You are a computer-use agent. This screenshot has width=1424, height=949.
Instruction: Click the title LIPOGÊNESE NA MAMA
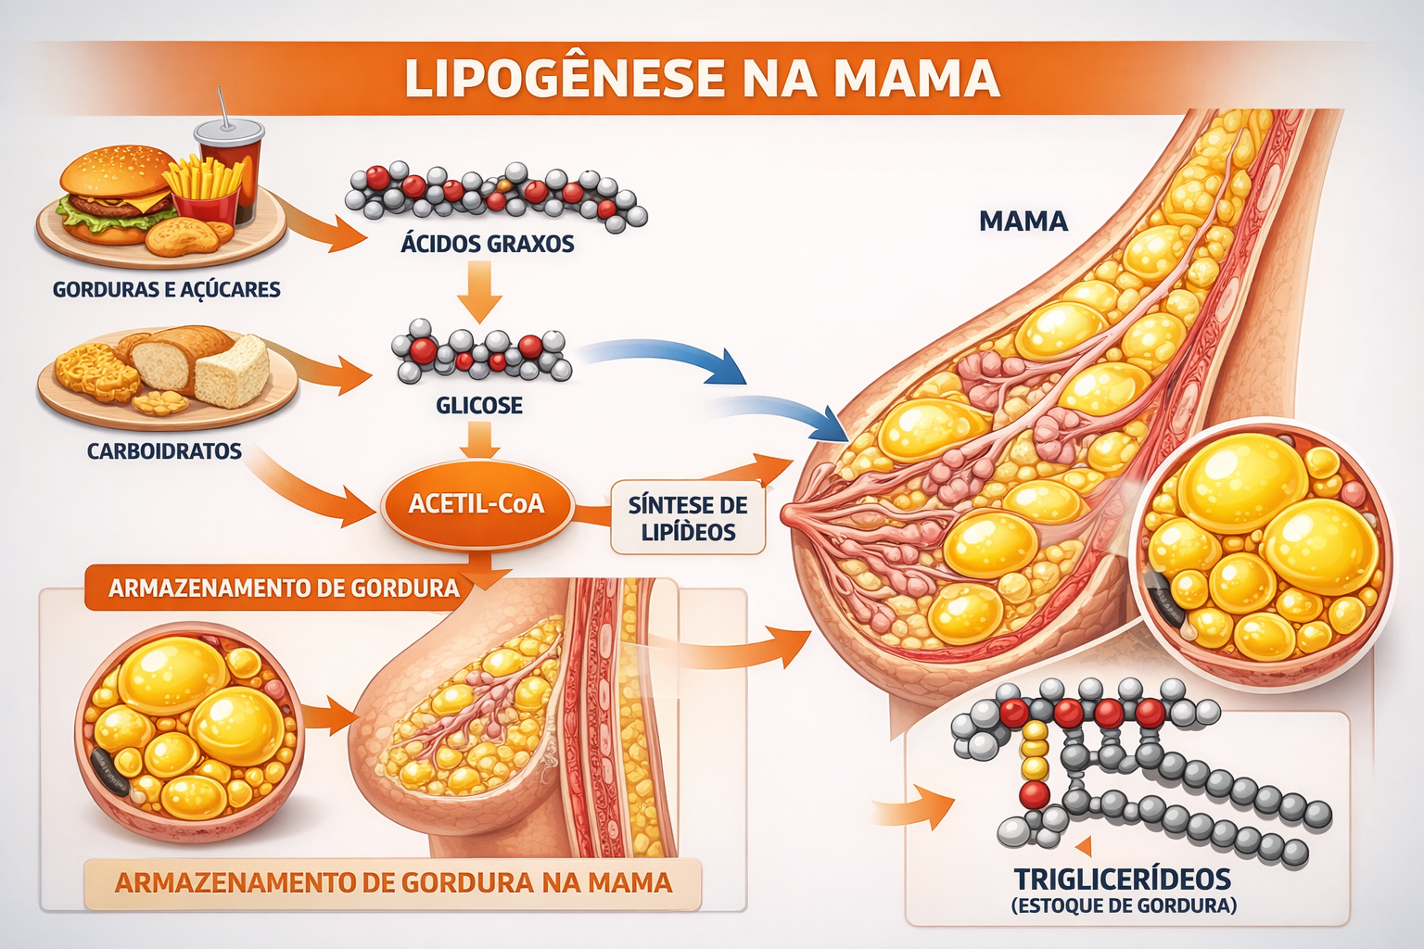pos(702,78)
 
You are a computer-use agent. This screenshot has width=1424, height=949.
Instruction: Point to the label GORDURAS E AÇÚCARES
pos(166,289)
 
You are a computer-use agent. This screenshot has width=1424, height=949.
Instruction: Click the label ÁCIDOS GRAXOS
pos(487,244)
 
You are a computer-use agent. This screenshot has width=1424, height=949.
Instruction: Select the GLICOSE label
pos(478,405)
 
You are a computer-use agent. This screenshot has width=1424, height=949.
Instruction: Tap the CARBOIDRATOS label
pos(164,451)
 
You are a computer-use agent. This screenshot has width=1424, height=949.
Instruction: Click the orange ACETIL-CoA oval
pos(477,505)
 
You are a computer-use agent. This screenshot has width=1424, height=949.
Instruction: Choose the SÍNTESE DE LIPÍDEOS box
pos(687,519)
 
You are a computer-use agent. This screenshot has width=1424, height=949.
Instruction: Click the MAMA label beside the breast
pos(1023,221)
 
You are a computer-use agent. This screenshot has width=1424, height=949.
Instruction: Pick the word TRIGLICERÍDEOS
pos(1122,879)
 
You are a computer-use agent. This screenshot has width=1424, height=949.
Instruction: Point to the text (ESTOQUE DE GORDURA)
pos(1123,906)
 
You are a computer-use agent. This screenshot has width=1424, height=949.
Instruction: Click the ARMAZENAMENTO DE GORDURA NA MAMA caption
pos(393,882)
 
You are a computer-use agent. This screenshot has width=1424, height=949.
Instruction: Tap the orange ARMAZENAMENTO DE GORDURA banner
pos(283,588)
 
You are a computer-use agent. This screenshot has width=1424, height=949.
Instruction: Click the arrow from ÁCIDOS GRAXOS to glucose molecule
pos(479,291)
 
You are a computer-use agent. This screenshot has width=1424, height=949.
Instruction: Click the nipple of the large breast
pos(790,512)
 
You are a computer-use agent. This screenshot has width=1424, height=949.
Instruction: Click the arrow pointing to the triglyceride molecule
pos(918,808)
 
